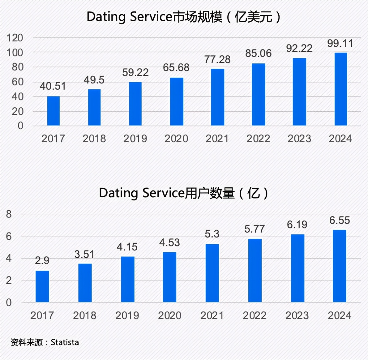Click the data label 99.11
340,44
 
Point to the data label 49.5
94,80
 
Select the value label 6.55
340,221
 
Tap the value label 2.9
42,261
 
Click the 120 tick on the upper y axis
15,38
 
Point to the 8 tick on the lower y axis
9,214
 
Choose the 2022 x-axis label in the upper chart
258,139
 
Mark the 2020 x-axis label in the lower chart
169,315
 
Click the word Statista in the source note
65,342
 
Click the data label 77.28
217,59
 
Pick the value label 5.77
255,229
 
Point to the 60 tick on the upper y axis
18,82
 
